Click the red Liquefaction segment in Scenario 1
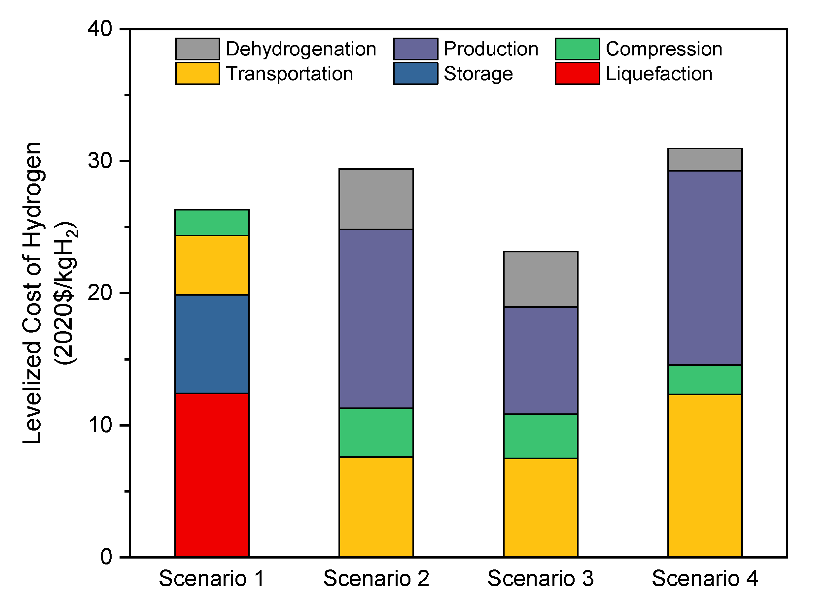[212, 475]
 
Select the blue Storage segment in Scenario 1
[212, 344]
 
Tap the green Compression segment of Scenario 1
[212, 222]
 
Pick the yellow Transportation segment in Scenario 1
[212, 265]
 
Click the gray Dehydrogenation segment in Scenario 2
[376, 199]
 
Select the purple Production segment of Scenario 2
[376, 319]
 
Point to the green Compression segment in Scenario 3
[540, 436]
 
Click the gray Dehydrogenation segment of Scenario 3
[540, 279]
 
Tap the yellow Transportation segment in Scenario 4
[705, 476]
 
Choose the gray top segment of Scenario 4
[705, 159]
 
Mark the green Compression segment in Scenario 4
[705, 380]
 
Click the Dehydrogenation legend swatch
[197, 49]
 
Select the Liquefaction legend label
[659, 74]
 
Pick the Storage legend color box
[415, 74]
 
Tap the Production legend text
[491, 49]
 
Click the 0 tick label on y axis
[106, 557]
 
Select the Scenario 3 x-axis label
[540, 579]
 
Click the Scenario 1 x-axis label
[212, 579]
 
